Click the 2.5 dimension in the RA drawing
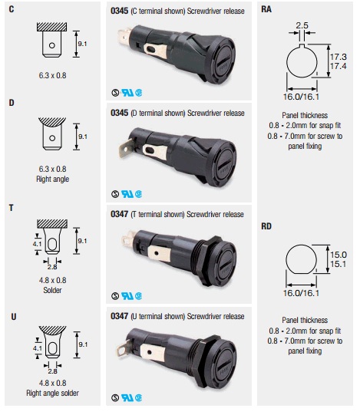coord(302,25)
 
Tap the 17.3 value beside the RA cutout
coord(339,57)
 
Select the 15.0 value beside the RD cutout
coord(339,255)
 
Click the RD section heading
coord(266,226)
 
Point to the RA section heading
coord(266,9)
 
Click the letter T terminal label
coord(11,208)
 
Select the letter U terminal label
coord(14,317)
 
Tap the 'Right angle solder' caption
coord(52,393)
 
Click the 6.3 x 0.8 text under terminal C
coord(52,75)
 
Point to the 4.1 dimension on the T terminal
coord(37,244)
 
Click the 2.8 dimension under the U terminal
coord(52,371)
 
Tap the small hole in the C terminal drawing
coord(52,45)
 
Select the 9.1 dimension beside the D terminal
coord(83,137)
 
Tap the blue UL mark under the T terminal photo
coord(127,296)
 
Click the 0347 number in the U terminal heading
coord(119,316)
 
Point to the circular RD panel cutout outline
coord(286,259)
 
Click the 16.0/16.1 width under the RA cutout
coord(301,97)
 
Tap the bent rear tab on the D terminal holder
coord(127,148)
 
